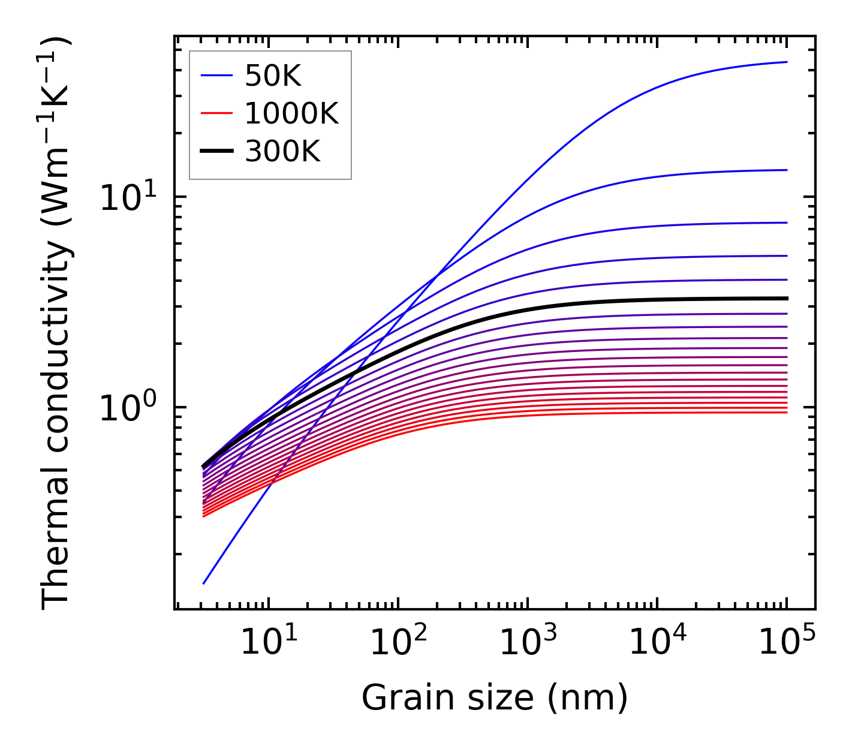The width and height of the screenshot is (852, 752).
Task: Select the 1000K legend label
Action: [291, 113]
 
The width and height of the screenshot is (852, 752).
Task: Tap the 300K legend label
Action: [282, 152]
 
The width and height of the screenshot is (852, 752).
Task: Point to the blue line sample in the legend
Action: [216, 76]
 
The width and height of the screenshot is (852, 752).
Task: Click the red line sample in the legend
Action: [216, 113]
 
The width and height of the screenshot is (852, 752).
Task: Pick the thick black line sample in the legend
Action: [216, 152]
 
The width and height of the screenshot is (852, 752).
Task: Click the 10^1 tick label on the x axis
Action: [268, 642]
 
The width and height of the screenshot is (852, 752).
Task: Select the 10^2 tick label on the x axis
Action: [398, 642]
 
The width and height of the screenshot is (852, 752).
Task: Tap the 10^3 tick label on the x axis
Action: [527, 642]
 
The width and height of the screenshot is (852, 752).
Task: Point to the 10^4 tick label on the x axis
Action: [657, 642]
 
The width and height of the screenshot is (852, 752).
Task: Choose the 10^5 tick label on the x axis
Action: [786, 642]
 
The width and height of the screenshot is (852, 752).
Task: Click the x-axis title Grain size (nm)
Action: [495, 698]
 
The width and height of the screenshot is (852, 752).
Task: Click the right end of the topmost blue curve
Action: [786, 62]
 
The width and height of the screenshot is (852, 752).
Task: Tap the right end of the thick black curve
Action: [786, 298]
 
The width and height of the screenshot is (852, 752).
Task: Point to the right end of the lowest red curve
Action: [786, 412]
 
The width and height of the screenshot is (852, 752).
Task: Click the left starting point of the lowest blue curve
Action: [204, 583]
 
